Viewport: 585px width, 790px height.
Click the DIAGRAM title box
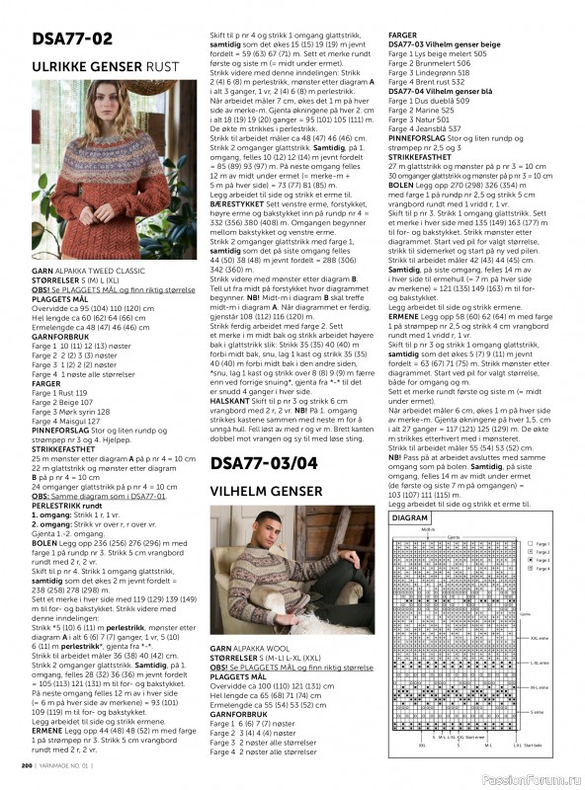coord(408,518)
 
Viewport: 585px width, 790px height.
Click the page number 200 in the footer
coord(28,764)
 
